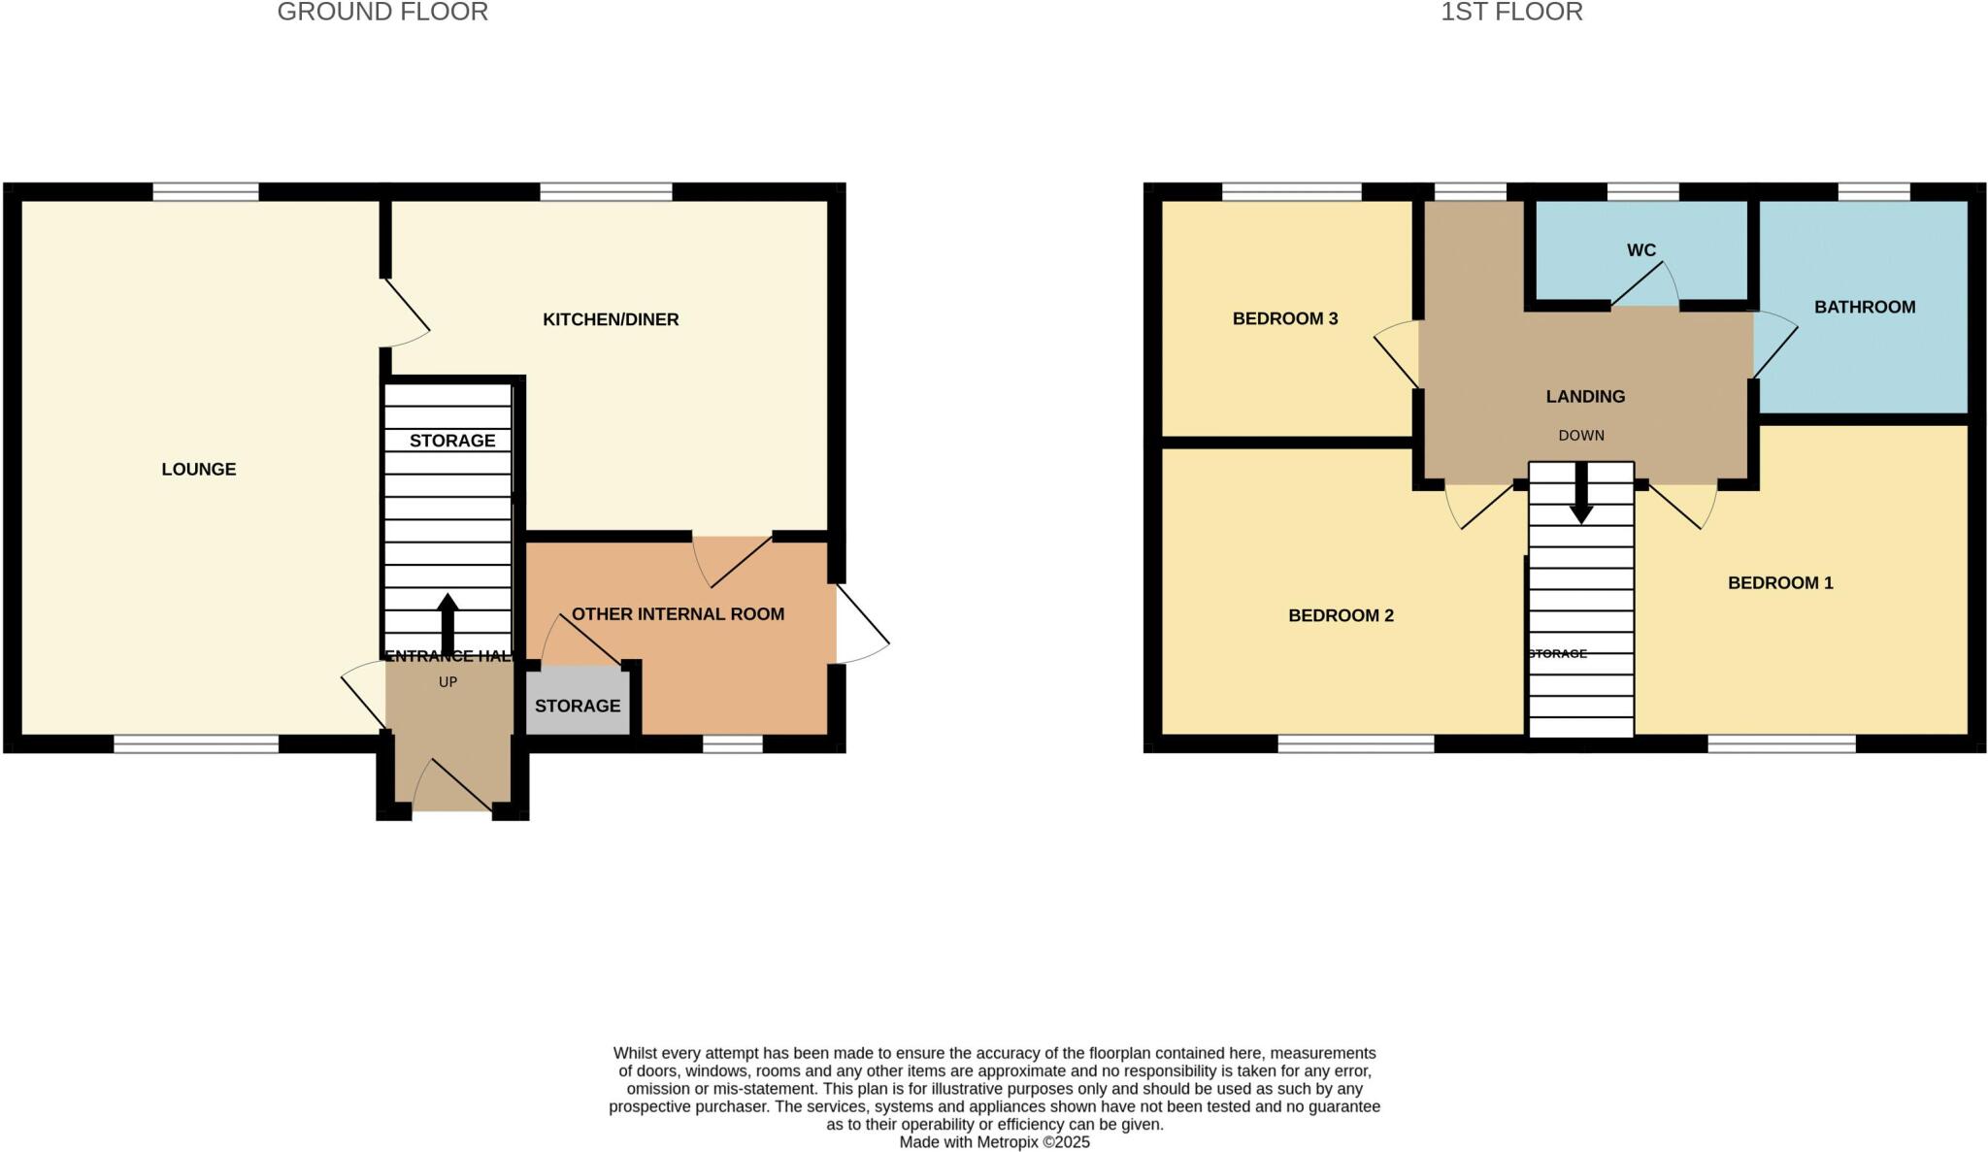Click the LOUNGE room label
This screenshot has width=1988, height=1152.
(198, 470)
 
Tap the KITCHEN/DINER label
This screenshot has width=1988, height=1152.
(610, 319)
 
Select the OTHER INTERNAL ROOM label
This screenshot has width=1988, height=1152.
(678, 614)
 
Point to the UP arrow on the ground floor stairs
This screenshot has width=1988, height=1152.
(447, 624)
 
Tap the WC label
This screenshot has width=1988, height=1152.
(1640, 250)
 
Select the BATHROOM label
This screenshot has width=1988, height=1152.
(1864, 308)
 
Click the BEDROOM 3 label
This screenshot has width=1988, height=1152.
(1284, 318)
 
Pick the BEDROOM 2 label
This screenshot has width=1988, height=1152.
(1341, 615)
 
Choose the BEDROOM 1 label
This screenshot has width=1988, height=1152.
(1779, 583)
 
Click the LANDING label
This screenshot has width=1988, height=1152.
(1584, 396)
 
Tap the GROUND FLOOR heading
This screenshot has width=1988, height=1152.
(382, 13)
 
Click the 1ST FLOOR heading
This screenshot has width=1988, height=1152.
(1511, 13)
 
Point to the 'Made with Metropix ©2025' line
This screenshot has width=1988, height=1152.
(994, 1142)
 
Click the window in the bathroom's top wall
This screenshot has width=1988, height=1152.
(1873, 192)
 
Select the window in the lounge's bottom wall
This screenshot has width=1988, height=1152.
(196, 743)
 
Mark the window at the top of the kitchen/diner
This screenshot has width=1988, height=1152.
(606, 192)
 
